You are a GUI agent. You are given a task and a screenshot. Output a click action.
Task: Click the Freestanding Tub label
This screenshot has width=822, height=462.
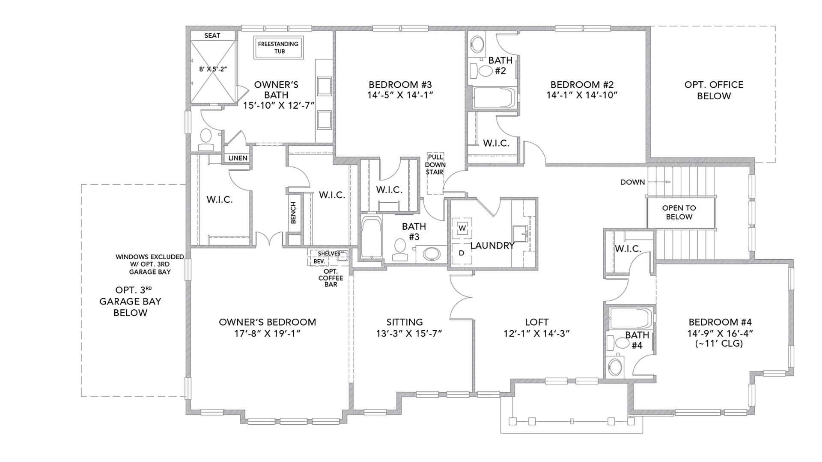(278, 47)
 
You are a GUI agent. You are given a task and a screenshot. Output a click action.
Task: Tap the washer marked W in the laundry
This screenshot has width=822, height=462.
(462, 228)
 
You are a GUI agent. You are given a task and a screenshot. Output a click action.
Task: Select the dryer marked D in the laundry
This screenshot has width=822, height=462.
(462, 253)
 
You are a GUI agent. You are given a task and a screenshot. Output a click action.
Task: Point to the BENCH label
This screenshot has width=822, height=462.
(293, 213)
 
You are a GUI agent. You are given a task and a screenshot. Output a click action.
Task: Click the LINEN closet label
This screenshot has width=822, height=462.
(238, 158)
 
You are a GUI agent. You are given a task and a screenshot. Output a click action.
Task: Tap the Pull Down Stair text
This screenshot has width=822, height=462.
(435, 165)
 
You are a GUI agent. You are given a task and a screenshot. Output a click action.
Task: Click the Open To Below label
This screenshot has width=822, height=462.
(679, 212)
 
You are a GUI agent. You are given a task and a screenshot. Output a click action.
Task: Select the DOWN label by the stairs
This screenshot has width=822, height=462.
(632, 182)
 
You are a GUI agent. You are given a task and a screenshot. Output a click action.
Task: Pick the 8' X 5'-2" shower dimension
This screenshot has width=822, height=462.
(213, 69)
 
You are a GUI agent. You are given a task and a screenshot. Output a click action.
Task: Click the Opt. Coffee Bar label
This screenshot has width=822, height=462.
(331, 278)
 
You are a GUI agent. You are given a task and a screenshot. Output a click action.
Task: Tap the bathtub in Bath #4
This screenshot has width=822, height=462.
(630, 318)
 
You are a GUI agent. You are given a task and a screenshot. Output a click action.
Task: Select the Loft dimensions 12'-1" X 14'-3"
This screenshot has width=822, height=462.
(536, 334)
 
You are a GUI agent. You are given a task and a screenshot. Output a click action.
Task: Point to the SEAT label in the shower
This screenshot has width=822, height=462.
(212, 36)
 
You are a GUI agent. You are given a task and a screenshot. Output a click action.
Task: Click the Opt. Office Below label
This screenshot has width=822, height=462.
(714, 90)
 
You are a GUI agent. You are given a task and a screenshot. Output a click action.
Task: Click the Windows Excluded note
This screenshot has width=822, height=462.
(150, 264)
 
